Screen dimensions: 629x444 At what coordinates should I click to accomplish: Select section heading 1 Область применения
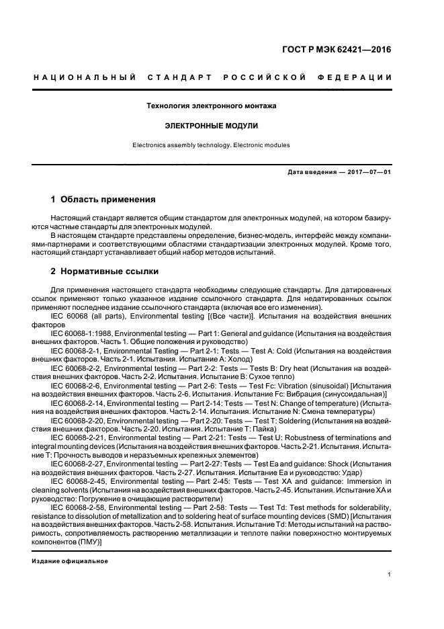click(x=103, y=200)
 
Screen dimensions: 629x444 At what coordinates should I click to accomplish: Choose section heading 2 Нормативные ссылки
click(x=105, y=271)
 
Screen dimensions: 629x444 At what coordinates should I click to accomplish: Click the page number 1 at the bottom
click(x=390, y=574)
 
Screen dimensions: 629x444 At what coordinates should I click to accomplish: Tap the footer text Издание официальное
click(x=71, y=560)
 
